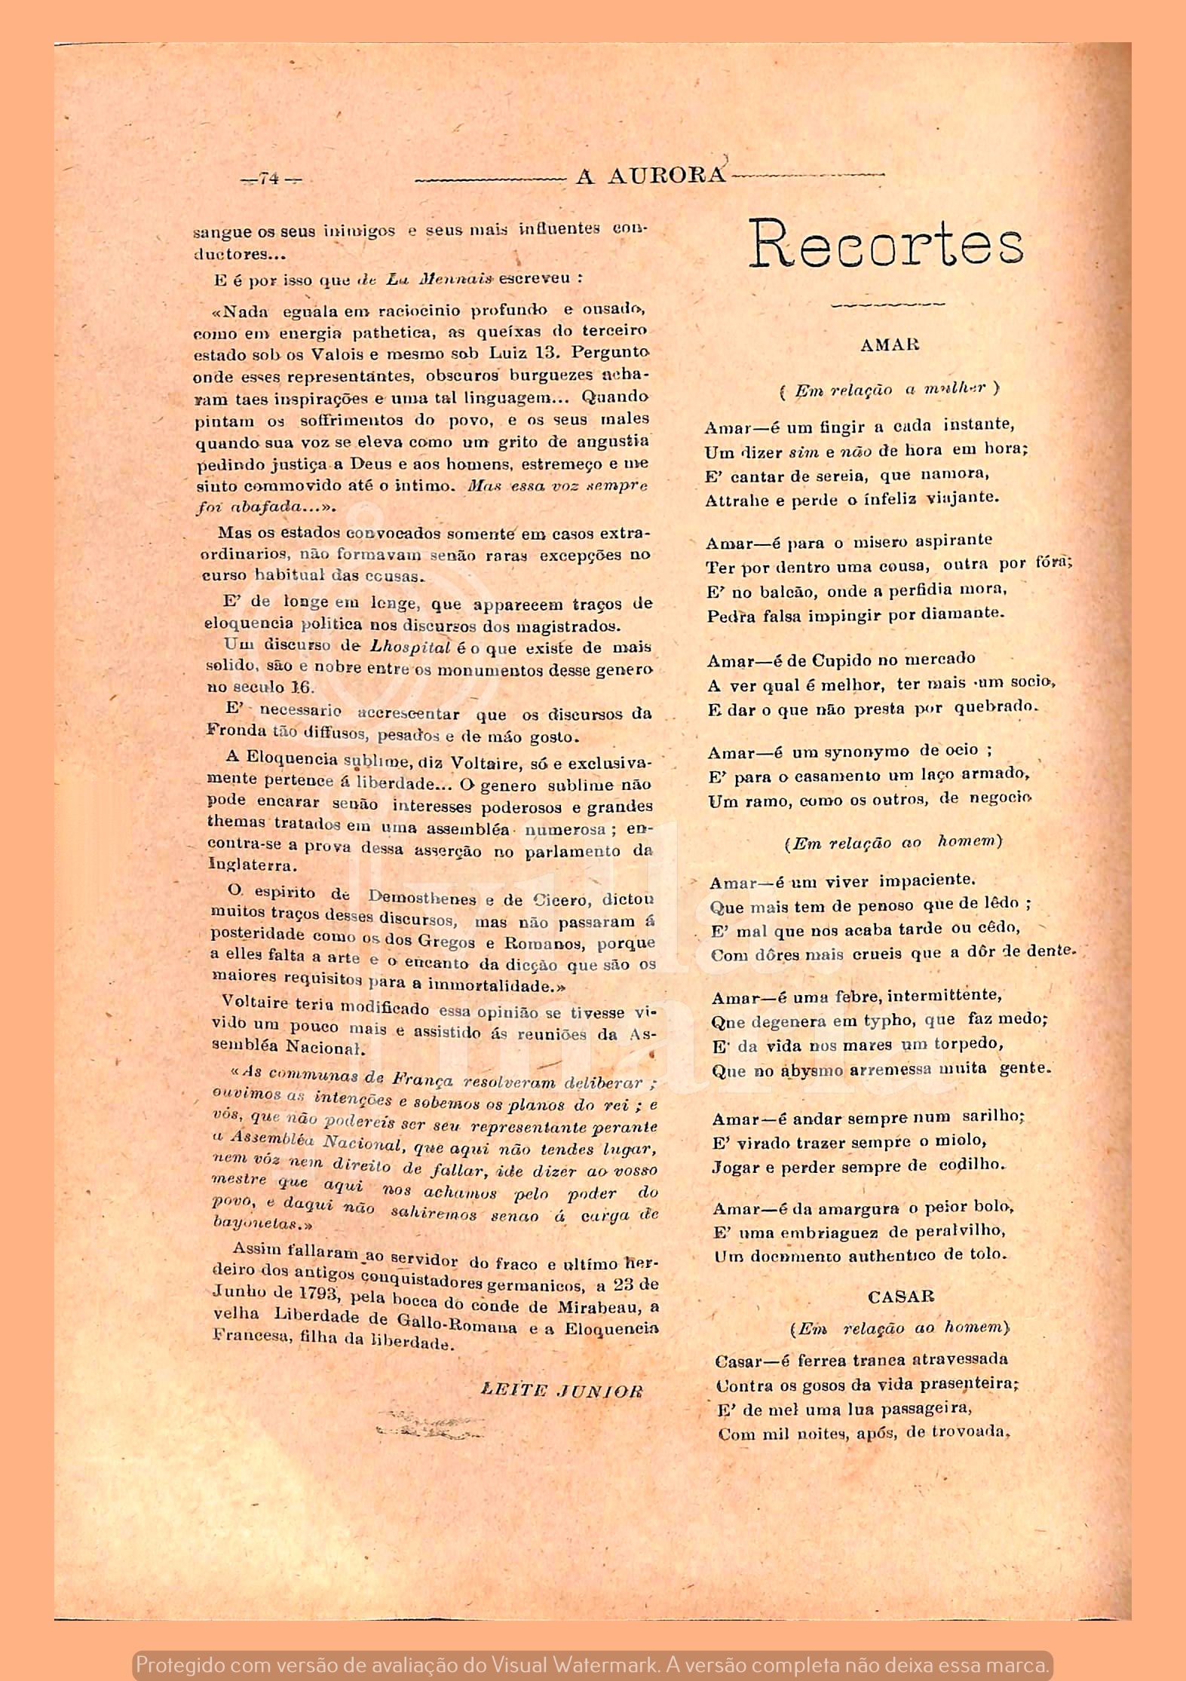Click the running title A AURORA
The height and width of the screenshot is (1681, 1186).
tap(650, 176)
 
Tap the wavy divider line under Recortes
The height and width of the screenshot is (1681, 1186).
tap(887, 305)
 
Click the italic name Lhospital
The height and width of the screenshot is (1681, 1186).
tap(411, 647)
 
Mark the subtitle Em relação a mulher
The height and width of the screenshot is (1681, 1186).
tap(890, 390)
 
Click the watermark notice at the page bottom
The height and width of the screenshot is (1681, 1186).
tap(593, 1664)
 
